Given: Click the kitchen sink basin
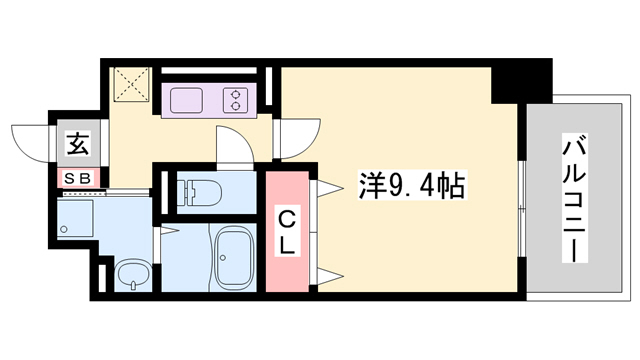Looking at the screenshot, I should [x=187, y=100].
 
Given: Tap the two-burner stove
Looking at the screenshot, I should [x=236, y=100].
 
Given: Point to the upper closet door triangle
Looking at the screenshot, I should [x=326, y=188].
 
